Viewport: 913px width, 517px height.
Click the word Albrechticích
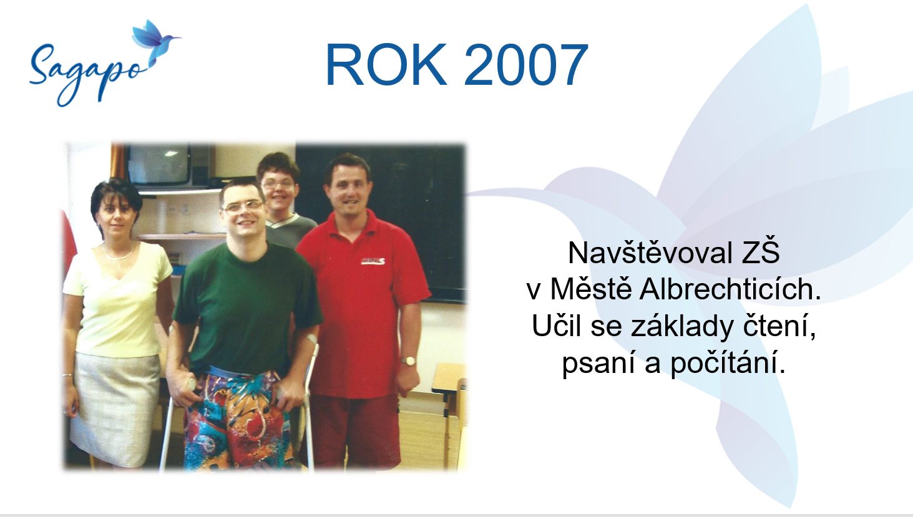[730, 289]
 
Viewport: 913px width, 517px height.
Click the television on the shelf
[159, 165]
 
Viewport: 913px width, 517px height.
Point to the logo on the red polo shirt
[373, 261]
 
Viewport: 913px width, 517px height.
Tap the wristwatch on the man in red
[408, 360]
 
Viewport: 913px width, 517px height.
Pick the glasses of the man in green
[243, 207]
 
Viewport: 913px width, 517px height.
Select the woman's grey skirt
[114, 407]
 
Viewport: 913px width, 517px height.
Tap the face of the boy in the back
[278, 188]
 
